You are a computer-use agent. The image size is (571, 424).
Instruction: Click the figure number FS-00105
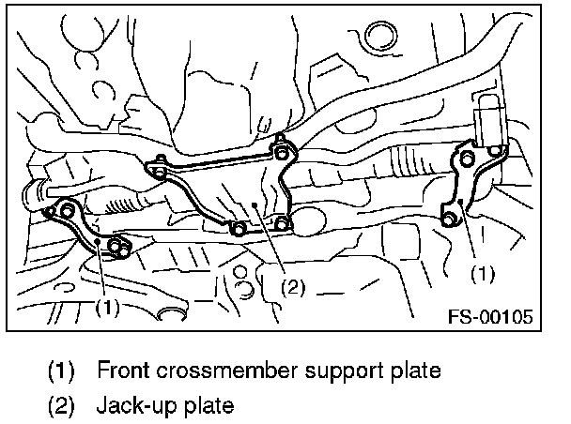(490, 316)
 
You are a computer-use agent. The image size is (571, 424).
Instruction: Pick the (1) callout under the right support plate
(480, 274)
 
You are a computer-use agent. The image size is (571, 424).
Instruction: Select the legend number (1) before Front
(61, 370)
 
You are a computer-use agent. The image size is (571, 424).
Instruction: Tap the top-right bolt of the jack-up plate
(280, 151)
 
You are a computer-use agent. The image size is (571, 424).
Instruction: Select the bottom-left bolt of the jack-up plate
(239, 228)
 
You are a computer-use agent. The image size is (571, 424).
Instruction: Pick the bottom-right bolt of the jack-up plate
(282, 222)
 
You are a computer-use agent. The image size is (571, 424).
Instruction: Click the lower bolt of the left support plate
(118, 247)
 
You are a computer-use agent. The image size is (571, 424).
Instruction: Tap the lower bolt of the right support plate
(449, 218)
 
